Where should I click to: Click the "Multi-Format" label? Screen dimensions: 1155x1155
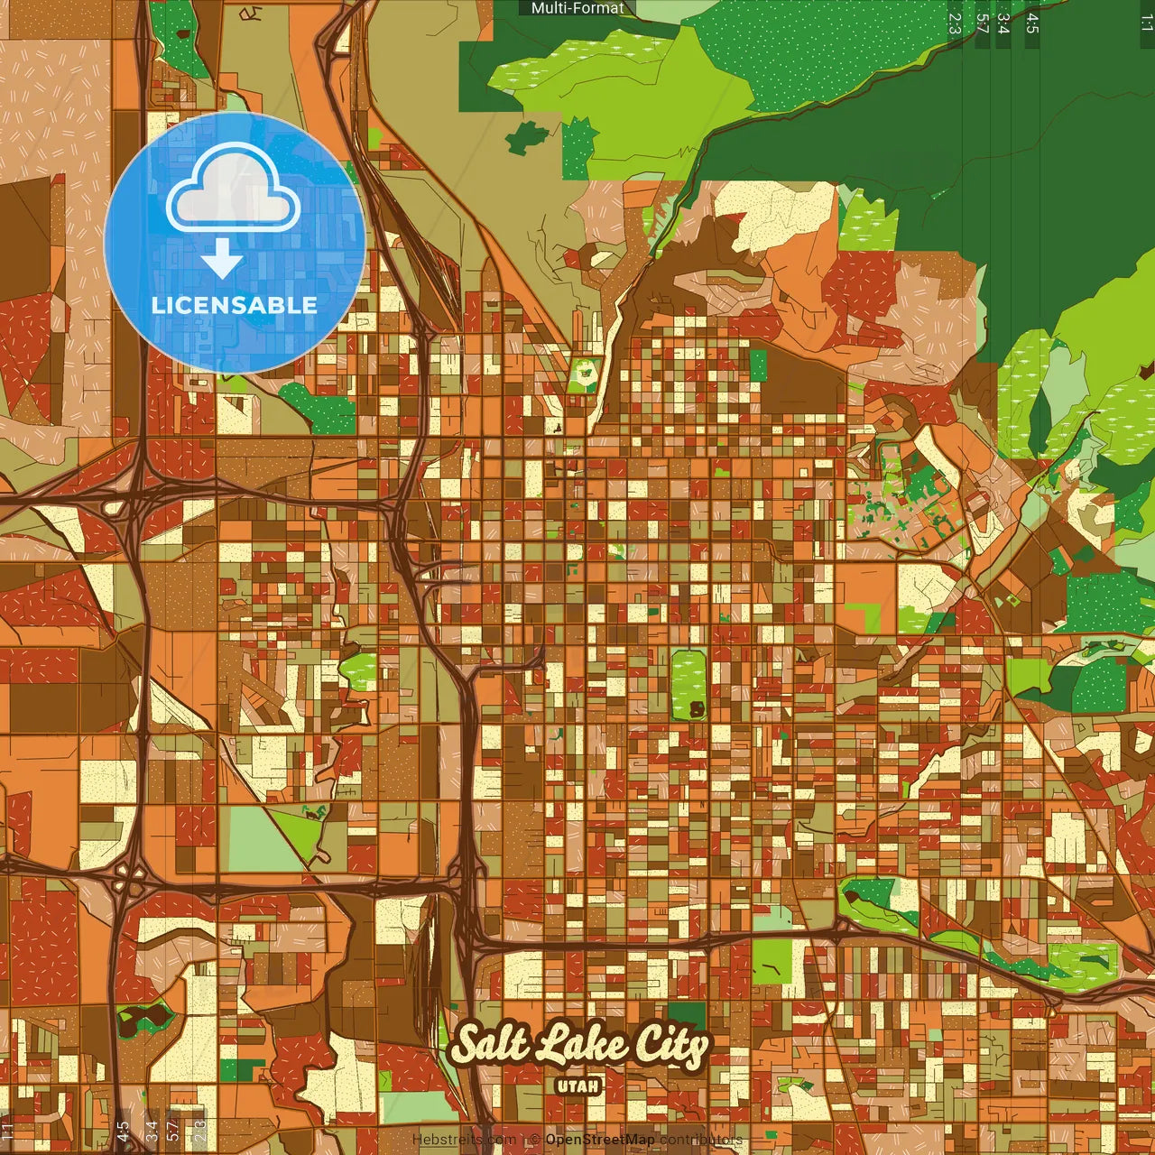577,8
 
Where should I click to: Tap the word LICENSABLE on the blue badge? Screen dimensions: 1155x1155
235,305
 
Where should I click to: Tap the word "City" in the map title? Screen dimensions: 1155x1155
670,1047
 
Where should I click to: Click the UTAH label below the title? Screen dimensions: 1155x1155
578,1086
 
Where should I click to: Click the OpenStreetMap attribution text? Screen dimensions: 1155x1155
599,1140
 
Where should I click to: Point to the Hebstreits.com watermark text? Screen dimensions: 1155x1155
464,1140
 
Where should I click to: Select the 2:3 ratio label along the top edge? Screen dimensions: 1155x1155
955,23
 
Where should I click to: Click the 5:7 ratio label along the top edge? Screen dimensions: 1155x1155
982,23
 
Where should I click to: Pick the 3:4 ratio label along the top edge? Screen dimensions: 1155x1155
1003,23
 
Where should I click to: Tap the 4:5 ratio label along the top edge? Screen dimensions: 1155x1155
1032,23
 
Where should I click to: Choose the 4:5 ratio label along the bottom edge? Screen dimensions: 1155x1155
123,1132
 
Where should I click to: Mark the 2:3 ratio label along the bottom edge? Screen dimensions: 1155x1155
199,1132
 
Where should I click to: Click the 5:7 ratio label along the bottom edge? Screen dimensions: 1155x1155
173,1132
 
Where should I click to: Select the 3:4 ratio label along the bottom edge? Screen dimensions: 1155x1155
152,1132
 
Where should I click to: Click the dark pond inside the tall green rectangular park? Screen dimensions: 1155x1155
697,709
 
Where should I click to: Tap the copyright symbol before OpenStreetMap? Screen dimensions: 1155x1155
535,1140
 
